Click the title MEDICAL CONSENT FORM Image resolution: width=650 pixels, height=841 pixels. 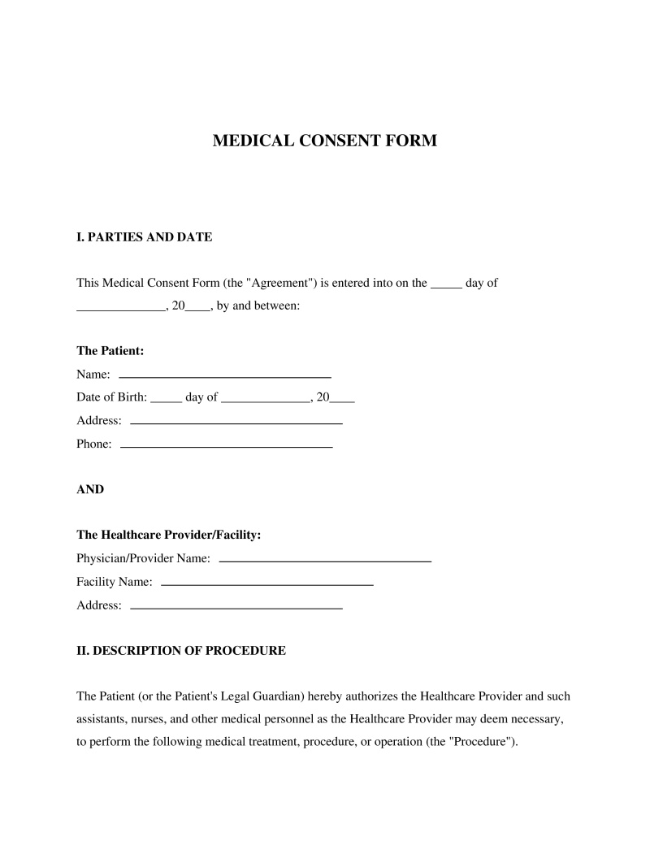[324, 141]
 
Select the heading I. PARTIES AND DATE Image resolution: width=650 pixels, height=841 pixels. [144, 237]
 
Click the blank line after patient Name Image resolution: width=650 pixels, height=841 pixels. [225, 376]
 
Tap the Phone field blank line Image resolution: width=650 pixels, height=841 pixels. [226, 446]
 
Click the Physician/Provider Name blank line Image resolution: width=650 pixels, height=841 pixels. [325, 561]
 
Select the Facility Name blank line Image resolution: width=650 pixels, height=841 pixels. [267, 584]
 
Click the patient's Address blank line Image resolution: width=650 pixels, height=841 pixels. [236, 423]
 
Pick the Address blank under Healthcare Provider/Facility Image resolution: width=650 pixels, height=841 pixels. [236, 607]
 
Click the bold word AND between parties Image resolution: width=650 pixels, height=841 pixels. [90, 490]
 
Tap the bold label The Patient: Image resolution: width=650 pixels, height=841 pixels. [110, 351]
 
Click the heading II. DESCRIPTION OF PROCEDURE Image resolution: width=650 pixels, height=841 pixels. [180, 651]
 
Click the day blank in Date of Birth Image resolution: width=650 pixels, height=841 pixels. [167, 401]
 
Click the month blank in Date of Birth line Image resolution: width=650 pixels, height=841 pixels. [265, 401]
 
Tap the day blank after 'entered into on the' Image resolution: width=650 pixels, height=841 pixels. [445, 287]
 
